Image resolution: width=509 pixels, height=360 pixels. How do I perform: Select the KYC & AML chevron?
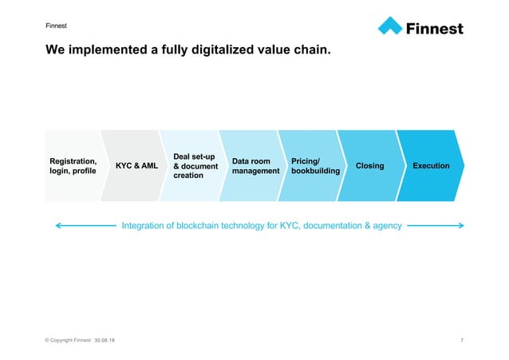coord(136,166)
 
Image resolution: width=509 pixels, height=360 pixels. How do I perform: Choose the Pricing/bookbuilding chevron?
coord(315,166)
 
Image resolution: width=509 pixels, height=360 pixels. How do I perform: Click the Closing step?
coord(369,166)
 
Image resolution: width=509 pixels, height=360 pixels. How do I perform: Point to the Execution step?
coord(430,166)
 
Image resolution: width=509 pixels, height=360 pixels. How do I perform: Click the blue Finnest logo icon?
coord(390,26)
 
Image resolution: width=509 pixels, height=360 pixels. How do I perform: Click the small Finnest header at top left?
coord(57,25)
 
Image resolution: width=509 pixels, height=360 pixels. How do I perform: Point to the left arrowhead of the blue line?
coord(57,226)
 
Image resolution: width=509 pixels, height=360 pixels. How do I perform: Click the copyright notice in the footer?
coord(68,341)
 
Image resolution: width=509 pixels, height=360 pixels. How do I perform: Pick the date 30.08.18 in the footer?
coord(104,341)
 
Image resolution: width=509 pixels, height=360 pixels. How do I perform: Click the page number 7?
coord(462,341)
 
